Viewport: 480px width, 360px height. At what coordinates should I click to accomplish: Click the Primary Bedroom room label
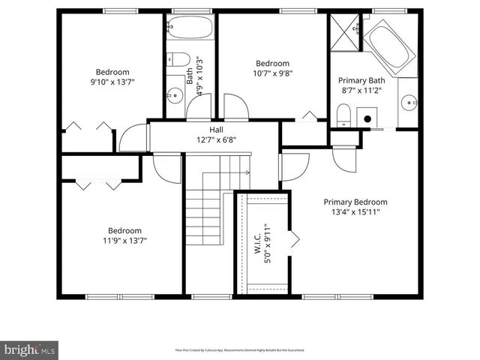[x=355, y=202]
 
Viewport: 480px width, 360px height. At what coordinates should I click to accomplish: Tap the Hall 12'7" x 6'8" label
[x=216, y=135]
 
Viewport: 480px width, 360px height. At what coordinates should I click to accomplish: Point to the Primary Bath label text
[x=361, y=80]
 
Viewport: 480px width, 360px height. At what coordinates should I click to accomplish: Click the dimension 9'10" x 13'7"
[x=112, y=82]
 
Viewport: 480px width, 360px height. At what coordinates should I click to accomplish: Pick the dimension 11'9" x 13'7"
[x=124, y=241]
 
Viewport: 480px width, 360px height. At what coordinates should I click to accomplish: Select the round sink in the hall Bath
[x=173, y=95]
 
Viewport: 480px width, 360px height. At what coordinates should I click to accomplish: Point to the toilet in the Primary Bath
[x=343, y=115]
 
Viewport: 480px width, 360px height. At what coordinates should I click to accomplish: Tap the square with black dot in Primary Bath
[x=367, y=118]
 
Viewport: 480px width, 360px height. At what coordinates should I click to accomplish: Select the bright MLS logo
[x=30, y=349]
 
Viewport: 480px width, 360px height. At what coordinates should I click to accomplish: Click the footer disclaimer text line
[x=240, y=349]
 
